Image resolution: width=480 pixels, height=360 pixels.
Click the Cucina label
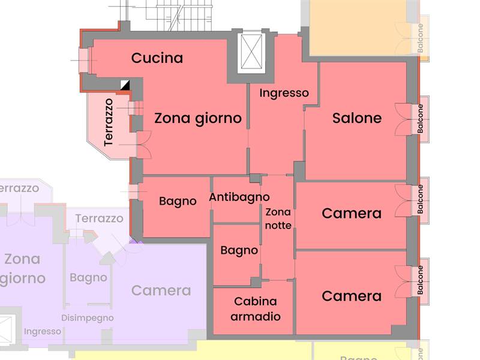(x=157, y=58)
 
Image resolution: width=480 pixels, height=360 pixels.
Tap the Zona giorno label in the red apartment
(x=198, y=118)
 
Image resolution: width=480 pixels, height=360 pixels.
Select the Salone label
(x=357, y=118)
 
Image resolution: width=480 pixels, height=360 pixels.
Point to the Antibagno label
(x=239, y=197)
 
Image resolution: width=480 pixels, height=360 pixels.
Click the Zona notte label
(x=278, y=219)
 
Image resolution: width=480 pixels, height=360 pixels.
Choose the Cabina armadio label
(x=256, y=309)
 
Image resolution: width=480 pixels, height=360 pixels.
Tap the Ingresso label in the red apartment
(x=284, y=93)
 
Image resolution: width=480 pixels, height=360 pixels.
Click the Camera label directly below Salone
(x=352, y=214)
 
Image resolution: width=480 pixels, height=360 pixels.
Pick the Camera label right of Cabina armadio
(x=352, y=296)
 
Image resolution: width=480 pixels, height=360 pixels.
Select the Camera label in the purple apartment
(x=161, y=290)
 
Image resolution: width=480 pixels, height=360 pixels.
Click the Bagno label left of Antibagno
(x=178, y=202)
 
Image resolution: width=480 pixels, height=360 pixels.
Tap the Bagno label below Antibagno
(x=239, y=250)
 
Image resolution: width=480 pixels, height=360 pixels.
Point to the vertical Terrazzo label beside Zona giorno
(x=109, y=122)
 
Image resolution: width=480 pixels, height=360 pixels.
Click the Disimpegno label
(x=88, y=318)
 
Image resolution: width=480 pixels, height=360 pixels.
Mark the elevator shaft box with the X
(x=251, y=52)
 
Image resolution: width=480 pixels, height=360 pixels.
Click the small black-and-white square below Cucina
(x=125, y=85)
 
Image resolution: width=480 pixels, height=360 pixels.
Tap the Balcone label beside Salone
(x=421, y=119)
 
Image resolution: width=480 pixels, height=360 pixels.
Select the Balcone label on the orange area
(x=421, y=38)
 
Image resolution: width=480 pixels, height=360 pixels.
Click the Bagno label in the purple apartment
(x=88, y=278)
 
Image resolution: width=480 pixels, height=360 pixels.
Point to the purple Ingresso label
(x=43, y=331)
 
